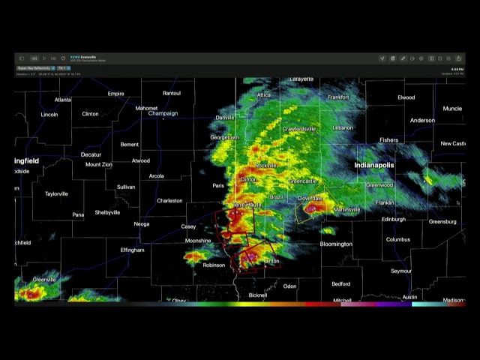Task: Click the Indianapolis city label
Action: coord(373,165)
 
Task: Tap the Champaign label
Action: coord(163,113)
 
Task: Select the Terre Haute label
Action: coord(246,205)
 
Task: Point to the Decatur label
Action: coord(91,154)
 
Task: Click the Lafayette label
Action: coord(301,79)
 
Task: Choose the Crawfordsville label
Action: coord(299,129)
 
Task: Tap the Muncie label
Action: coord(452,109)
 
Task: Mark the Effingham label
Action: coord(132,250)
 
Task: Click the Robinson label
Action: coord(214,265)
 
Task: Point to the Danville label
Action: coord(225,118)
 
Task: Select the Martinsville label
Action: coord(346,210)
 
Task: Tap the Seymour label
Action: coord(400,271)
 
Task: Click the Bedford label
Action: coord(340,284)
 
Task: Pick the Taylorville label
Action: coord(56,193)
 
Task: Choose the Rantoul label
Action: coord(172,93)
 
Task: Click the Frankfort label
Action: coord(338,97)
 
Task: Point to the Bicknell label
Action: coord(258,295)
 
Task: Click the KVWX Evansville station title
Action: coord(83,57)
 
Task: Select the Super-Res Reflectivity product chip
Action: coord(34,68)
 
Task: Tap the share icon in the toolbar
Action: coord(458,58)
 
